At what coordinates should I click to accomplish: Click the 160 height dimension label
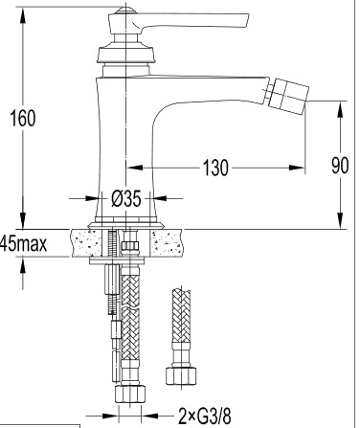[23, 118]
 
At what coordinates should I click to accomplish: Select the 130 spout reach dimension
[215, 168]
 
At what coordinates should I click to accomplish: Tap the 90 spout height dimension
[340, 166]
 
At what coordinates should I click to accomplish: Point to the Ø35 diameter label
[125, 199]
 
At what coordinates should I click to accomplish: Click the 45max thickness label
[23, 243]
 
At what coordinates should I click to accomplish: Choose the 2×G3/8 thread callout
[204, 416]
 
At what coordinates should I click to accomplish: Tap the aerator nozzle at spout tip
[288, 95]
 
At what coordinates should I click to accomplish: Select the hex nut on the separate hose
[181, 376]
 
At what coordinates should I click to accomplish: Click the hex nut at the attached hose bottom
[130, 394]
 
